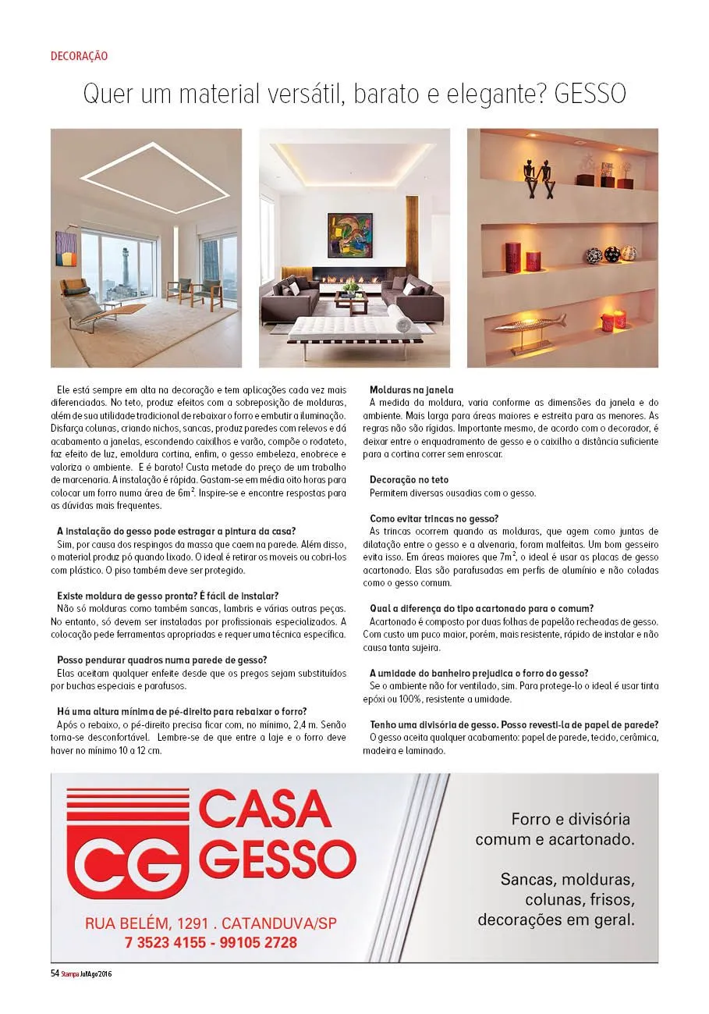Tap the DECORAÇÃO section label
coord(79,56)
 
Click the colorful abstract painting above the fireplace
coord(350,237)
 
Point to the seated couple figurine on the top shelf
coord(538,172)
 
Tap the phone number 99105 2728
coord(251,943)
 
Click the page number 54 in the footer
coord(55,973)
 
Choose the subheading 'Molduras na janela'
coord(411,390)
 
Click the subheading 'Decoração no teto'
coord(409,479)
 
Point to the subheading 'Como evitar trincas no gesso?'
coord(434,518)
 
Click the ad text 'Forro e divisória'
coord(569,820)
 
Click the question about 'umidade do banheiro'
coord(479,672)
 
